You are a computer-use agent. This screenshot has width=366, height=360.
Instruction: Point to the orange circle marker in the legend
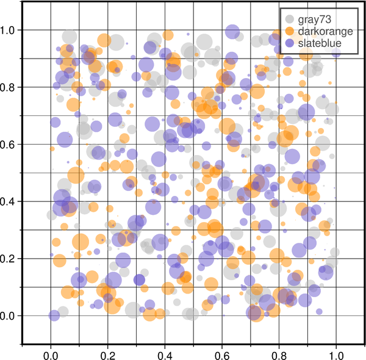(289, 32)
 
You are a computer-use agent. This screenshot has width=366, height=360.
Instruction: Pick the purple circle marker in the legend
(289, 43)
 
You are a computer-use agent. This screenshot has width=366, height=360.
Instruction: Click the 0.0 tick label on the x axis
(51, 353)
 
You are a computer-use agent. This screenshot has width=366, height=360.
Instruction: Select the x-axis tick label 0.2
(108, 353)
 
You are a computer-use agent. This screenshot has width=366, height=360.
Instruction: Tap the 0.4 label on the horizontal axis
(165, 353)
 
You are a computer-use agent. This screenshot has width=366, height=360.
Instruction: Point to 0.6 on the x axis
(222, 353)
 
